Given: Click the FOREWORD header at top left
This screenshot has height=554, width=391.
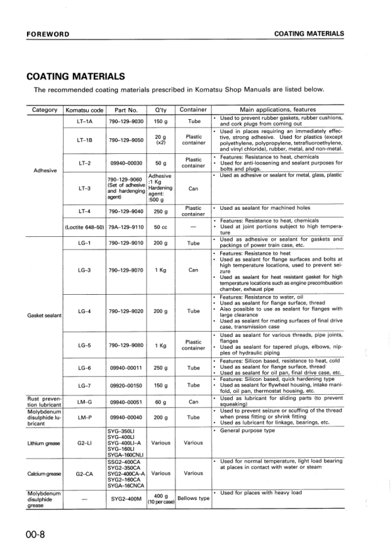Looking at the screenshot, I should (x=48, y=34).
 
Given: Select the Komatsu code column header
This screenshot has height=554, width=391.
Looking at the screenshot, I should (x=85, y=110).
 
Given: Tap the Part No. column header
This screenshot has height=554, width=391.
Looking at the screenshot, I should (x=126, y=110).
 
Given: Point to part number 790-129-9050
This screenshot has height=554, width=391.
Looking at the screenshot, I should (x=126, y=140).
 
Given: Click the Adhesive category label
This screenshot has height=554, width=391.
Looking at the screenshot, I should (x=45, y=170).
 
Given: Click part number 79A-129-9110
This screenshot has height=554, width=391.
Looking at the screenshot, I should (x=126, y=227).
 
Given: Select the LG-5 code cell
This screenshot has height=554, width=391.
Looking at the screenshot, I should (x=84, y=345).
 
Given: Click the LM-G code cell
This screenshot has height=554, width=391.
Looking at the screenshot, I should (x=84, y=401).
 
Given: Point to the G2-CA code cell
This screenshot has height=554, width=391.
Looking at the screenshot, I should (x=84, y=473).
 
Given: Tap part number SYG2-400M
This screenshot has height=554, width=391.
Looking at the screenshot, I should (x=126, y=498).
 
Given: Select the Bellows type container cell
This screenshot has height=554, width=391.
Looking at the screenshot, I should (x=194, y=498).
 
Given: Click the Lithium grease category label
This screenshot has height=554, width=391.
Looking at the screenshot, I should (x=45, y=443).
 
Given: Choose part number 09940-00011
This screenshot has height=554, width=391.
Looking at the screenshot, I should (x=126, y=368).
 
